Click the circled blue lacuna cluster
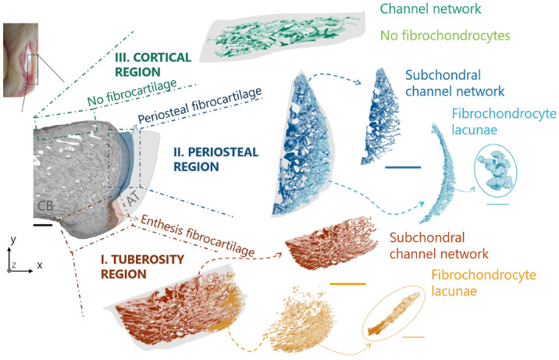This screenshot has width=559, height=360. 496,173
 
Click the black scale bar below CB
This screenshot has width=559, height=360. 44,224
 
